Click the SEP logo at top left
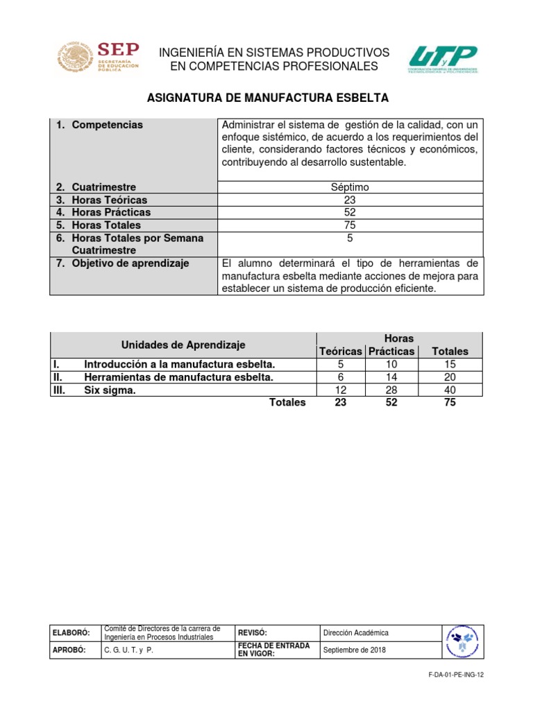pos(98,58)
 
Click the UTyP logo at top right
pos(443,60)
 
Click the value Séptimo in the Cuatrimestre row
pos(350,187)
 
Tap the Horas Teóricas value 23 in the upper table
pos(350,200)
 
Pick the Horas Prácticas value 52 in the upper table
pos(350,212)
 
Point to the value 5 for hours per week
pos(350,238)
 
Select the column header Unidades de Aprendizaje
pos(183,345)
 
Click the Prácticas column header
pos(391,352)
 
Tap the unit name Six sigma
pos(110,390)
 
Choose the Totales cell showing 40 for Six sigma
pos(450,390)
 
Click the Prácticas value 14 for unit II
pos(391,377)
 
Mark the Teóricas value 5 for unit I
pos(340,364)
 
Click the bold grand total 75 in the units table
pos(450,403)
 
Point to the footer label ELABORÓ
pos(70,633)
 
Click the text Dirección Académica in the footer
pos(356,633)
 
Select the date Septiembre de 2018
pos(355,650)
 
